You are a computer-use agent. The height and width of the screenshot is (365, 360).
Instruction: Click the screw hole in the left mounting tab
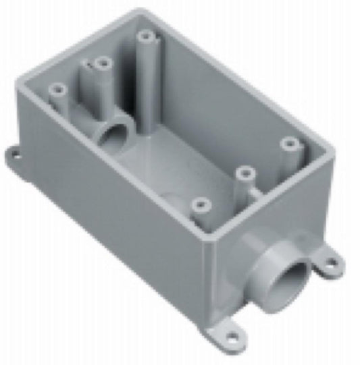pyautogui.click(x=14, y=153)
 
